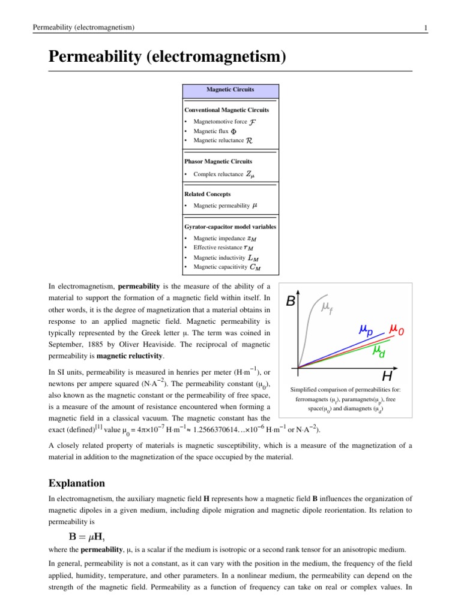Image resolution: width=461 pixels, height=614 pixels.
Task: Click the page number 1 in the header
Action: point(425,28)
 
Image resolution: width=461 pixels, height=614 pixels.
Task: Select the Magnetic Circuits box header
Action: point(230,89)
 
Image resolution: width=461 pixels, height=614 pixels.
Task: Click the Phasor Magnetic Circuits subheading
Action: point(218,161)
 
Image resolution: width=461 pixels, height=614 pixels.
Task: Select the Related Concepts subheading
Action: point(207,194)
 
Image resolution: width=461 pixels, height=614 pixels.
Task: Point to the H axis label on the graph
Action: point(388,376)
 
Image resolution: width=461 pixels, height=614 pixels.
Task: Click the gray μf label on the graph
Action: point(327,308)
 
